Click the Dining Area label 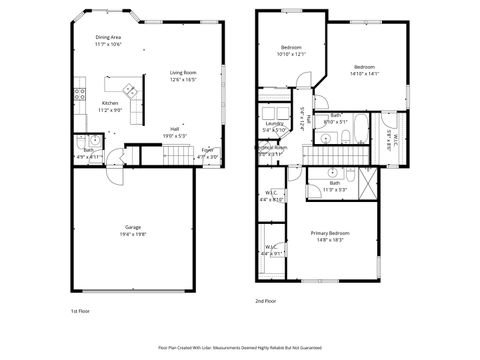109,36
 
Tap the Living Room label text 182,73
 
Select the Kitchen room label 111,103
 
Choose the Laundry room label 275,123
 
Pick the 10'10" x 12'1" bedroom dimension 291,54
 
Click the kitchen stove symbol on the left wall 79,95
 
